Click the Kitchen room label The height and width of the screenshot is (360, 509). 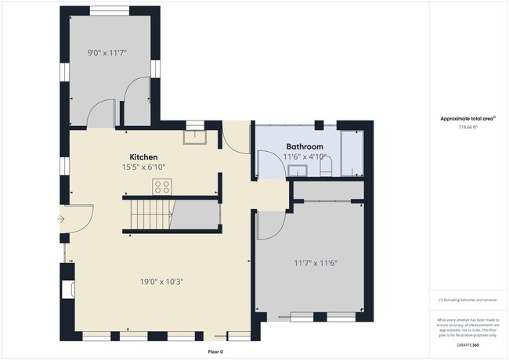pyautogui.click(x=144, y=157)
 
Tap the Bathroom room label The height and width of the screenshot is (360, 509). pyautogui.click(x=305, y=146)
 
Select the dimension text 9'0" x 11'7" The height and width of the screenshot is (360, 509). pyautogui.click(x=106, y=53)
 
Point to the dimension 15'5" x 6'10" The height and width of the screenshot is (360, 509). pyautogui.click(x=144, y=167)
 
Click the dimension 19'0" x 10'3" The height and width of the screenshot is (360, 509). pyautogui.click(x=163, y=281)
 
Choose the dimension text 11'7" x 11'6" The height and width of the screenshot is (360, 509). pyautogui.click(x=316, y=263)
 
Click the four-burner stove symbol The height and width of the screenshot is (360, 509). pyautogui.click(x=163, y=186)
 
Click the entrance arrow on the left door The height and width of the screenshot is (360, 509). pyautogui.click(x=62, y=219)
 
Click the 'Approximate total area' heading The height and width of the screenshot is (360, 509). pyautogui.click(x=468, y=117)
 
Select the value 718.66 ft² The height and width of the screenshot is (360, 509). pyautogui.click(x=468, y=127)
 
